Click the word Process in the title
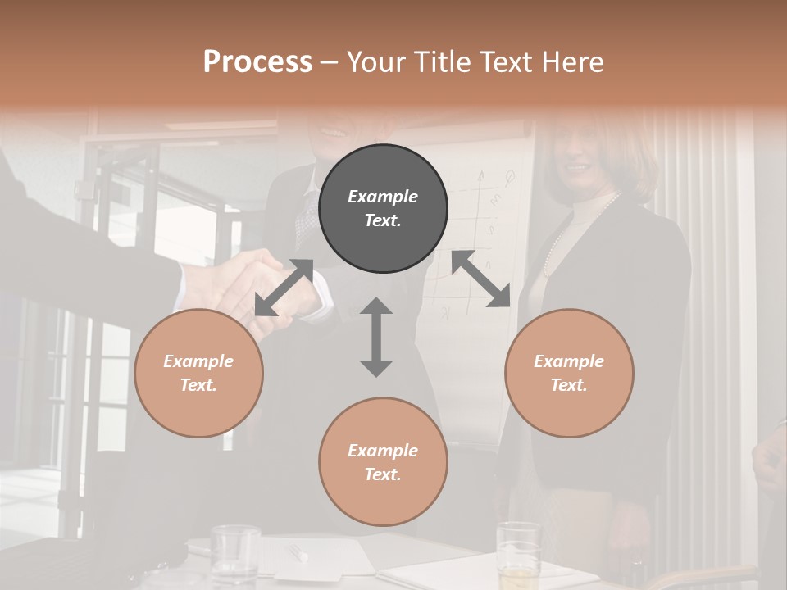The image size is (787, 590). pos(257,62)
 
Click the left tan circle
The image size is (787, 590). pos(198,373)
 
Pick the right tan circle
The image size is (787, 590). pos(569,373)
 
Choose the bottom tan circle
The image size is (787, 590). pos(383,461)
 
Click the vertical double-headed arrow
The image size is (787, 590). pos(376,337)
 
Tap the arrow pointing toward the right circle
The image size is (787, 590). pos(481,279)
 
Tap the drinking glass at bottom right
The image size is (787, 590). pos(518,553)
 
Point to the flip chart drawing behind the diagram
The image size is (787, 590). pos(484,229)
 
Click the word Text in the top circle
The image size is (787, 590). pos(383,220)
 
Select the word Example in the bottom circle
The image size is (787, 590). pos(383,450)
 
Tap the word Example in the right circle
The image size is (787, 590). pos(569,361)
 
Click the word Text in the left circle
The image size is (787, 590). pos(198,385)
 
